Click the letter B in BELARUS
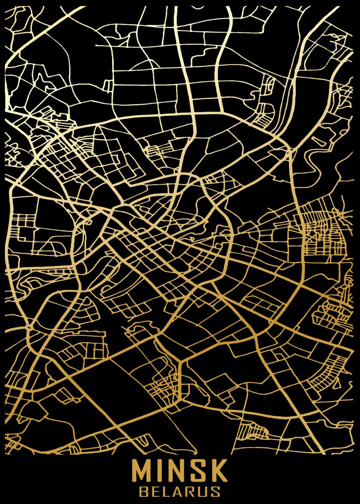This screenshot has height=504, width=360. tap(144, 491)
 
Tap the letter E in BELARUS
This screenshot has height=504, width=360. tap(156, 491)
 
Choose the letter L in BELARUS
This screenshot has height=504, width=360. tap(167, 491)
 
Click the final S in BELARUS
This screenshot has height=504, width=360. tap(215, 491)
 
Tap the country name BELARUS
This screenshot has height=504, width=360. tap(180, 491)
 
